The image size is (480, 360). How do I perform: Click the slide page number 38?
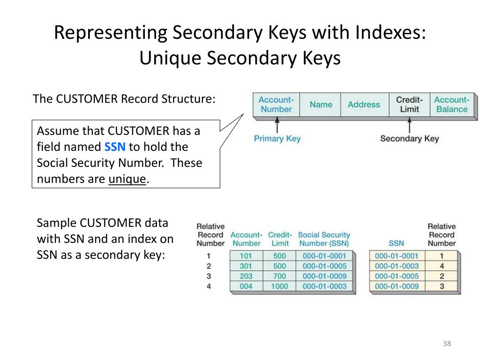point(446,344)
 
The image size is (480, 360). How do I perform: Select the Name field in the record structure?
point(321,105)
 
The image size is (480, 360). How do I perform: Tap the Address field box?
point(364,105)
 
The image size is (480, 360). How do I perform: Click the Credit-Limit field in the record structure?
point(409,105)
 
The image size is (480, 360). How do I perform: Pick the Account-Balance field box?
point(451,105)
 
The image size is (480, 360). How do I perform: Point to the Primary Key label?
point(277,138)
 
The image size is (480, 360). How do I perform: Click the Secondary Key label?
point(409,138)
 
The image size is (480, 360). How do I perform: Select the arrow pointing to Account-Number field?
point(277,125)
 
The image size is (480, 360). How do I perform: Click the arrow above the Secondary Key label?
point(409,125)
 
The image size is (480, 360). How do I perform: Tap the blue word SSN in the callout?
point(115,147)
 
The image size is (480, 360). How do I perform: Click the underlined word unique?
point(127,180)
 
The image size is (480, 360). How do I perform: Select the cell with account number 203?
point(246,276)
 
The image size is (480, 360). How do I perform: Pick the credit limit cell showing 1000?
point(279,286)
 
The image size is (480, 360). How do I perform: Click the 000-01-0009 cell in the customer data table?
point(324,276)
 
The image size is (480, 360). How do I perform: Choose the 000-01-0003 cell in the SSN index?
point(397,266)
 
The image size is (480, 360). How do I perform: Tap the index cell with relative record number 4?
point(442,266)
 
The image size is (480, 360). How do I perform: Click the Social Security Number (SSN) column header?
point(324,239)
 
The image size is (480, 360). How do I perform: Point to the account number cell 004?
point(246,286)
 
